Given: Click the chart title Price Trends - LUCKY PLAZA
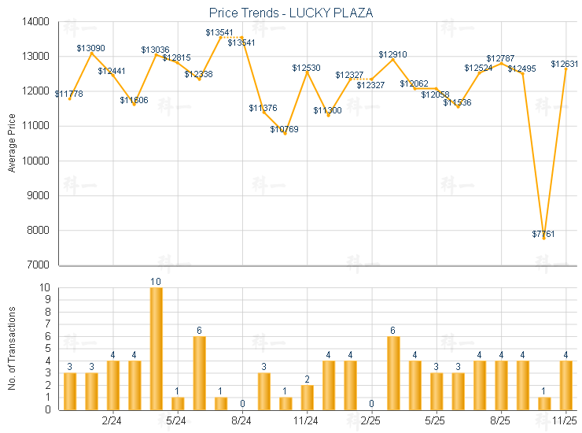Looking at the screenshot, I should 291,13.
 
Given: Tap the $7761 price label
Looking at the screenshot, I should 543,235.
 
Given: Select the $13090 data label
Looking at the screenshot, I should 91,48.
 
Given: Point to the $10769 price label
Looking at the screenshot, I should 285,129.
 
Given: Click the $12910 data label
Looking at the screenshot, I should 392,54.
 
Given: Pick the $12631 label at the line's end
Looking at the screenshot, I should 565,64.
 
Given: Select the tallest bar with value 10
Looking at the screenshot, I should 156,349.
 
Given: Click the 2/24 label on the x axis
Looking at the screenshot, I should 112,420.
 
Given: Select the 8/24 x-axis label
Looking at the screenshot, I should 242,420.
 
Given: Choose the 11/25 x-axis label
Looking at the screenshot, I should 566,420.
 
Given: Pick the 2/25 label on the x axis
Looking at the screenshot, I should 371,420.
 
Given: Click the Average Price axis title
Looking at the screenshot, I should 12,143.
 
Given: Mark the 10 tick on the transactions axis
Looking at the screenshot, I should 46,288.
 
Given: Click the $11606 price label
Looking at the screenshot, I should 134,100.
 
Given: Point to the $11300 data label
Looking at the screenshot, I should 328,110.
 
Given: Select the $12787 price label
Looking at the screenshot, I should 500,58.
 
